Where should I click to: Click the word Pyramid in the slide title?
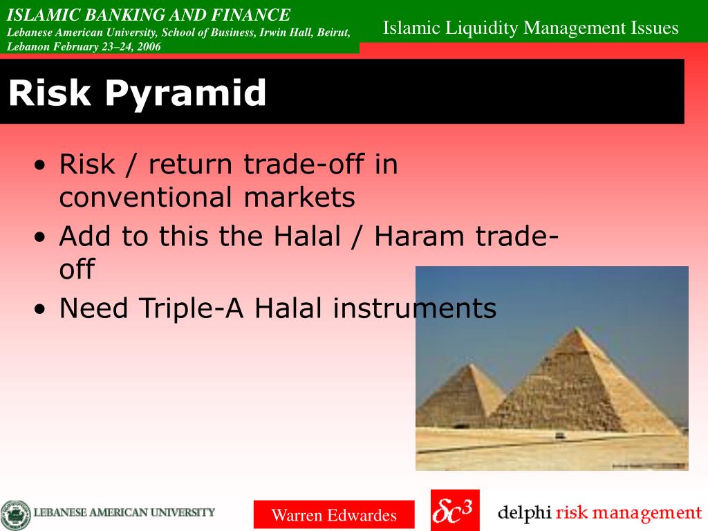pos(185,94)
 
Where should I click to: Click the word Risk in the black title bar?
pos(50,92)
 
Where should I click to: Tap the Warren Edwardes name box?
pos(334,514)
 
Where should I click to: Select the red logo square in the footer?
pos(455,510)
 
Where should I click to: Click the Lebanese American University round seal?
pos(15,515)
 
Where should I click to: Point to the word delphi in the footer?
pos(524,513)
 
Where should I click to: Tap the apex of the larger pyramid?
pos(575,328)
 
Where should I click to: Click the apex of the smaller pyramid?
pos(470,364)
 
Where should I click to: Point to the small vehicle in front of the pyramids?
pos(560,436)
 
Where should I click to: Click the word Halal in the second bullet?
pos(307,236)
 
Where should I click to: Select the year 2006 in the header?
pos(149,46)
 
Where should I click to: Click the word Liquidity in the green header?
pos(482,28)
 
